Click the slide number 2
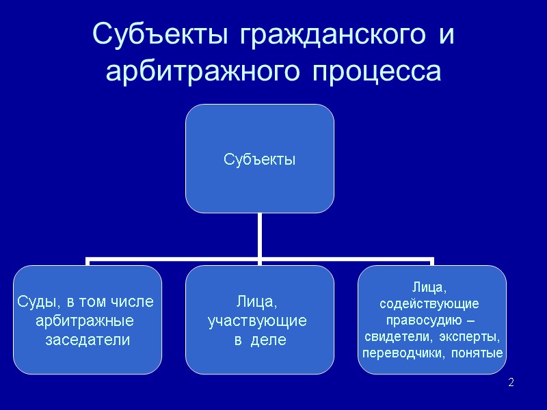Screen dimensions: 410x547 point(511,381)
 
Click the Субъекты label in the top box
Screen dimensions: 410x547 point(260,160)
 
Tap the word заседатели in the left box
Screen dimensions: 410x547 point(87,339)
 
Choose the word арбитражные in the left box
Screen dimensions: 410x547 point(84,320)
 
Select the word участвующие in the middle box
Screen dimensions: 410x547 point(257,320)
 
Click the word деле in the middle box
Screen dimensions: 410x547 point(268,340)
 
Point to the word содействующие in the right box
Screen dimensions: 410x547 point(429,302)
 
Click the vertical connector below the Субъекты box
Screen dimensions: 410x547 point(260,236)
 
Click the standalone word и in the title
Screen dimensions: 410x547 point(446,35)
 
